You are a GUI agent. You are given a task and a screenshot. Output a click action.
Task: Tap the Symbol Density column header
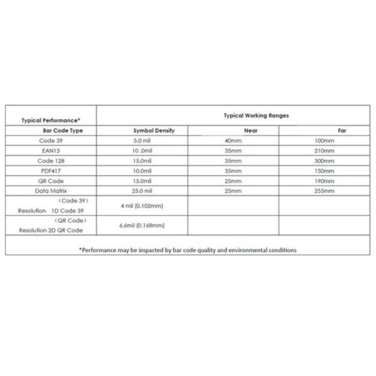[154, 131]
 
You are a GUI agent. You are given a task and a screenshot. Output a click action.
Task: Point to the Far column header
[342, 131]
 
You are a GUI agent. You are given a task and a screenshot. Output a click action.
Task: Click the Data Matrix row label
[51, 191]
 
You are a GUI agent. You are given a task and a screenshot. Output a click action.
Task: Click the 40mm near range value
[233, 141]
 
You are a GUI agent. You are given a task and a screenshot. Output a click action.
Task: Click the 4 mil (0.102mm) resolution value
[142, 206]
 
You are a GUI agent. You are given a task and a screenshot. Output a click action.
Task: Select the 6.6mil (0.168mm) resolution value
[142, 226]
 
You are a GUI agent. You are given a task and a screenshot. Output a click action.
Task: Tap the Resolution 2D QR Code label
[51, 230]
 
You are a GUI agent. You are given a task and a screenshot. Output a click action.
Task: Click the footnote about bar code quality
[188, 250]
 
